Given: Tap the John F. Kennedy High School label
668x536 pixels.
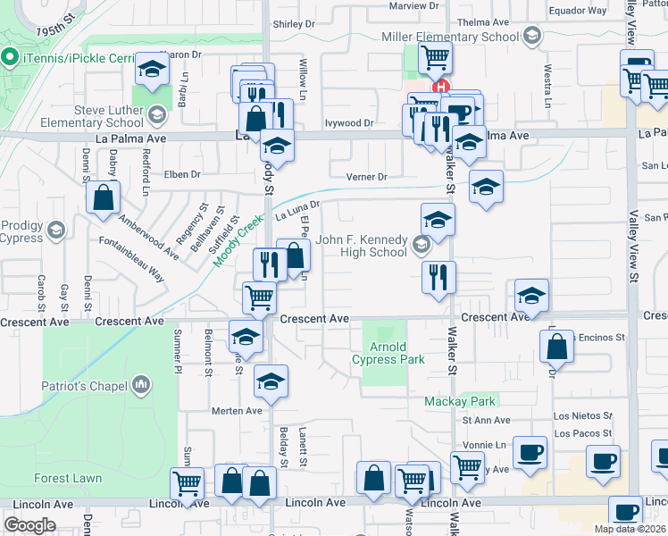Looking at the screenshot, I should (x=362, y=246).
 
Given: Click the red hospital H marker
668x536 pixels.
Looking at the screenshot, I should (x=439, y=87).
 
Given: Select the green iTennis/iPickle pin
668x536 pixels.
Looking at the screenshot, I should (x=11, y=59).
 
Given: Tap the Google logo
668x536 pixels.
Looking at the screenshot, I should (x=29, y=525).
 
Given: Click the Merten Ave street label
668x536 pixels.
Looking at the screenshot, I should (x=236, y=411).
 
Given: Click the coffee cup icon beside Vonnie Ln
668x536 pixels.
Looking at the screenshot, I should (x=530, y=452).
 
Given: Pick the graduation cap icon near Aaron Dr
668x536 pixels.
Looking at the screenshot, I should (x=152, y=69).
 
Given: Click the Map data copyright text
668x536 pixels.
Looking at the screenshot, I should (x=630, y=529).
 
